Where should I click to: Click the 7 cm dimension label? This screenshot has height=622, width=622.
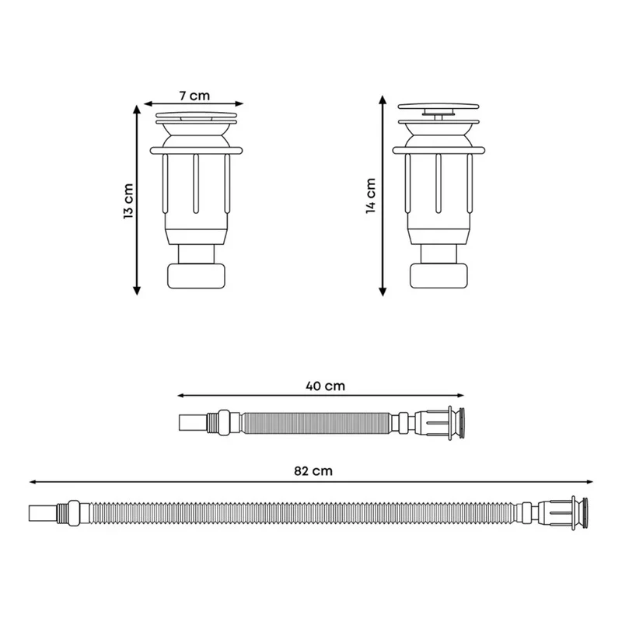coord(194,96)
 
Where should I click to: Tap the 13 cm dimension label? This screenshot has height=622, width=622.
coord(128,201)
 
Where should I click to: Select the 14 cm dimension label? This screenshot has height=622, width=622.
coord(371,196)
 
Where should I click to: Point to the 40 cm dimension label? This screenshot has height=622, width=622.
coord(325,386)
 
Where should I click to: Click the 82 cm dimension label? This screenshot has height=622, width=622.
coord(313,471)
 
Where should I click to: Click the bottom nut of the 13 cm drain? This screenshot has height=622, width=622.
coord(197,276)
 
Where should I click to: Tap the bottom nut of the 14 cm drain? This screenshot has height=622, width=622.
coord(439,276)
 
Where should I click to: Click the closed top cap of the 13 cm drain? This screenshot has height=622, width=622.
coord(197,115)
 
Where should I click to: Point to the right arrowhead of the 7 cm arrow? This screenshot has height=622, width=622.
coord(239,104)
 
